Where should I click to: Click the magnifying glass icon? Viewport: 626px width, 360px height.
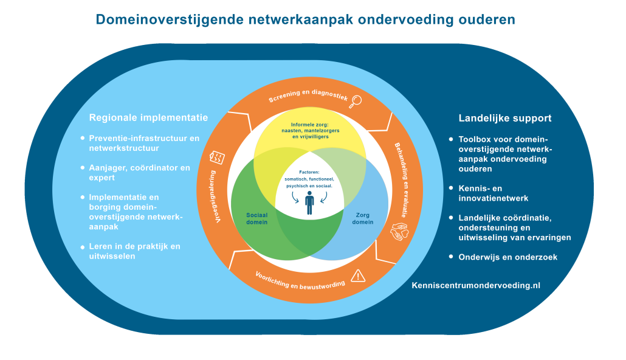click(355, 102)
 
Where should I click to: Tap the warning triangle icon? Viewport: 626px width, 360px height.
click(358, 275)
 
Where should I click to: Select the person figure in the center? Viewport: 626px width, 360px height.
click(309, 202)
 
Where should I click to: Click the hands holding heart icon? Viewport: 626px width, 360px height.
click(399, 232)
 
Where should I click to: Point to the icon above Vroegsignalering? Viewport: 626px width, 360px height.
click(217, 157)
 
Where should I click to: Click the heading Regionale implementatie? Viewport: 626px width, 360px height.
click(148, 117)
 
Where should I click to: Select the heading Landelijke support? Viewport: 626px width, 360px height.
click(505, 118)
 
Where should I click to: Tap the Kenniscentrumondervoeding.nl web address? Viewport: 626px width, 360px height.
click(476, 285)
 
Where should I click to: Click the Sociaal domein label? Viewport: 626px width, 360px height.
click(256, 218)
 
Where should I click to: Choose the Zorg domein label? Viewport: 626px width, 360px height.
click(362, 218)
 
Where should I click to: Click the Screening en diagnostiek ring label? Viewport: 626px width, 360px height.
click(308, 96)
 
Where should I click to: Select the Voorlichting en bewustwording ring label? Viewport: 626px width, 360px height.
click(300, 281)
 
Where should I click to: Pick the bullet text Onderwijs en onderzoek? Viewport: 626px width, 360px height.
click(508, 257)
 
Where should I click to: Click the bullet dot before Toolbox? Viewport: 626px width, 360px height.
click(451, 139)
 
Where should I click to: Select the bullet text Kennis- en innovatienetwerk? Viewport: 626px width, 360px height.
click(494, 193)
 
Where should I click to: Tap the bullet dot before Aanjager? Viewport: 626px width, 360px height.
click(83, 167)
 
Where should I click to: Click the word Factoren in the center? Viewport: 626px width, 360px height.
click(309, 172)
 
